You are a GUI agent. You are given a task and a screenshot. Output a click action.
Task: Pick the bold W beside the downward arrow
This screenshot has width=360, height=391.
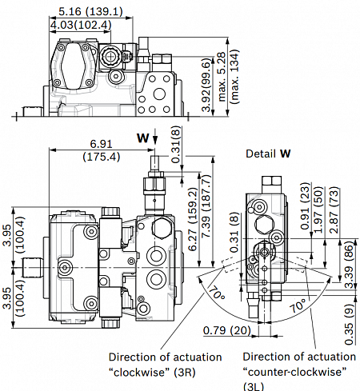[142, 138]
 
